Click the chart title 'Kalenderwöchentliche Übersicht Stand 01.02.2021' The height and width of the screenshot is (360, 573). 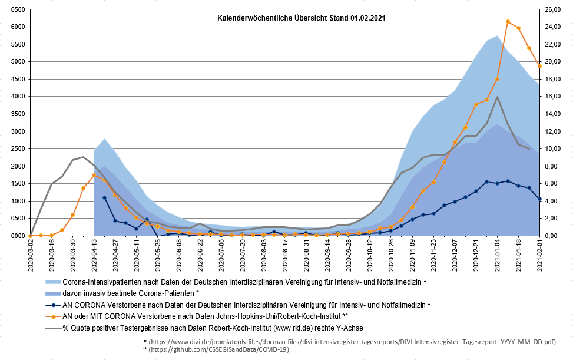pyautogui.click(x=301, y=18)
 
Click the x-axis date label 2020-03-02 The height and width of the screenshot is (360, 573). pyautogui.click(x=31, y=255)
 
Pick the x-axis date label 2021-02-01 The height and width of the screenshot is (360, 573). pyautogui.click(x=539, y=255)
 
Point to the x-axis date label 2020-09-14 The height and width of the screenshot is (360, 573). pyautogui.click(x=327, y=255)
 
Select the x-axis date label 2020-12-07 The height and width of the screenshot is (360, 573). pyautogui.click(x=455, y=255)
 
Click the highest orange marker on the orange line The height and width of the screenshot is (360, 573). pyautogui.click(x=508, y=22)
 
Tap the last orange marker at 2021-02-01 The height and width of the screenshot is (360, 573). pyautogui.click(x=539, y=66)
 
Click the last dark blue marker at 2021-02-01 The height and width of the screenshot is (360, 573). pyautogui.click(x=539, y=199)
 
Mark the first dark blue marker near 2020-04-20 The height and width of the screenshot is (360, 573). pyautogui.click(x=105, y=197)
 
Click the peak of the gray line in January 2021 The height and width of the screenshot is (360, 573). pyautogui.click(x=498, y=97)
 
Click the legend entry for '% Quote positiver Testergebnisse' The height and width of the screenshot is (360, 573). pyautogui.click(x=212, y=328)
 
